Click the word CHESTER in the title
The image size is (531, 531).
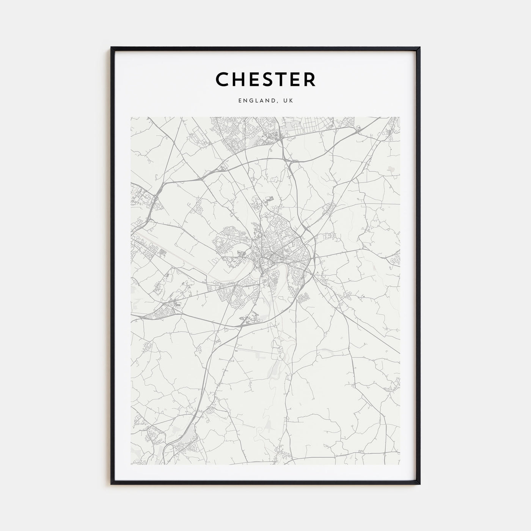coord(265,79)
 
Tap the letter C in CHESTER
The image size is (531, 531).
coord(222,79)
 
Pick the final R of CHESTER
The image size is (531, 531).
coord(309,79)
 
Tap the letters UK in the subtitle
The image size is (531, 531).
coord(288,101)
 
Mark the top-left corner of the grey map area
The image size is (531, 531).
coord(131,117)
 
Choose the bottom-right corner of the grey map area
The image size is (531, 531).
coord(400,465)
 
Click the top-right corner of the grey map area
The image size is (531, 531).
coord(400,117)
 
